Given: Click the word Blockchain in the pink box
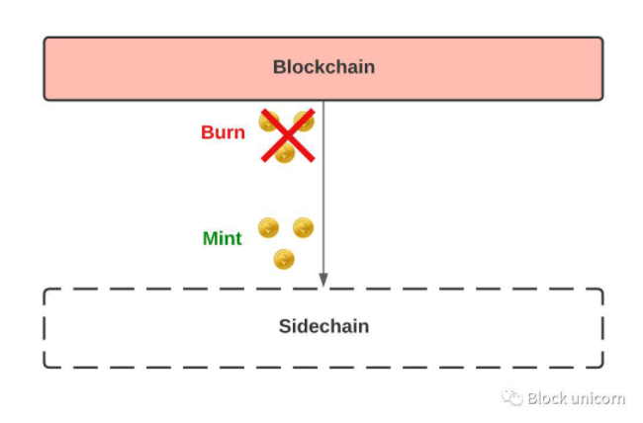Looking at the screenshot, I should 323,68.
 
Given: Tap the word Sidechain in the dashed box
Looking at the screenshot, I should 323,326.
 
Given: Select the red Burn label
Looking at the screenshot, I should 223,132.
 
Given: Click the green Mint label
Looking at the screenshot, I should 222,238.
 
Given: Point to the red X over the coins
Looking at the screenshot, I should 288,135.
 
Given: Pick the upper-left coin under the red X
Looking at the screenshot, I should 268,122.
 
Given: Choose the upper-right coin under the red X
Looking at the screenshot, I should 304,122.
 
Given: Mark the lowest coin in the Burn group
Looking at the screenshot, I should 285,152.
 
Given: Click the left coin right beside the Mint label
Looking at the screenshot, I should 268,228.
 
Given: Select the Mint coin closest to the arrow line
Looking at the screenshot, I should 303,228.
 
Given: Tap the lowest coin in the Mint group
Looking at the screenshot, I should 285,259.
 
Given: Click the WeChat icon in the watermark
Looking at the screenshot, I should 511,398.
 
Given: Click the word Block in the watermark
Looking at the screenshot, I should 547,398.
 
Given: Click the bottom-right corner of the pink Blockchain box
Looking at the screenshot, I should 601,98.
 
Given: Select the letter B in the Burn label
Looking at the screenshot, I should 207,132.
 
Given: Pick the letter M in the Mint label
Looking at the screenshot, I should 210,238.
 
